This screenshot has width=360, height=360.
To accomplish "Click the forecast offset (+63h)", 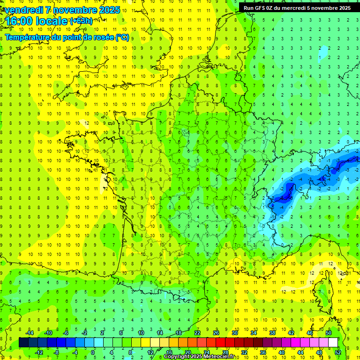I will point(81,21).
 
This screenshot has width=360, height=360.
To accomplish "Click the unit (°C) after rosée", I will point(122,37).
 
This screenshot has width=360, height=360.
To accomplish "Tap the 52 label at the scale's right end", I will point(337,352).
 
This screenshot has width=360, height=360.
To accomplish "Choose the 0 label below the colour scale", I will point(93,352).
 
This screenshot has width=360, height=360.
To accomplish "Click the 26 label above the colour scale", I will point(216,333).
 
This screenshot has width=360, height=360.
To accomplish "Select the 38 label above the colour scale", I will point(272,333).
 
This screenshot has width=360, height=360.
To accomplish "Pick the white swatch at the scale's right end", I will point(333,343).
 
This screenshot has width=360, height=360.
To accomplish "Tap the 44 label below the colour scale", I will point(300,352).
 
